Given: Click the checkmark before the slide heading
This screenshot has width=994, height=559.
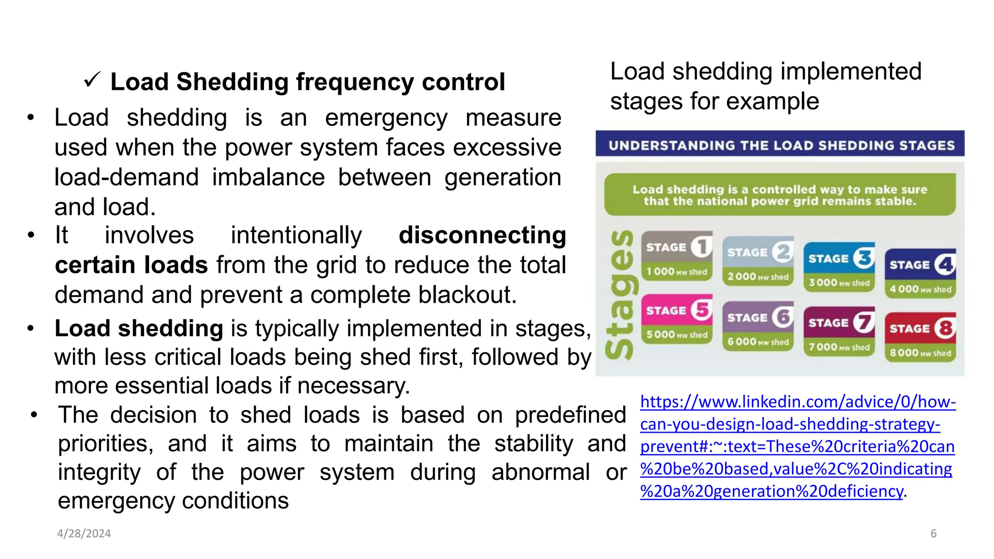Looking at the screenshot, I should pos(91,80).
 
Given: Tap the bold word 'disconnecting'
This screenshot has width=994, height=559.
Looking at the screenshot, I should pos(482,235).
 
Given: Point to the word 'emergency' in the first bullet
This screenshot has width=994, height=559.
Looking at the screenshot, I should pos(386,118).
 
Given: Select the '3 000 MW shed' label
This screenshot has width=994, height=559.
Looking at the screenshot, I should pos(839,283).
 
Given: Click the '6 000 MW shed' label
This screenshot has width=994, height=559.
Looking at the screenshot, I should pos(758,342).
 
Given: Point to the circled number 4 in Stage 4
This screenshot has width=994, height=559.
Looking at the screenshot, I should pos(945,264).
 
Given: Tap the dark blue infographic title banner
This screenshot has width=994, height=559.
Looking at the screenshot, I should pos(780,145).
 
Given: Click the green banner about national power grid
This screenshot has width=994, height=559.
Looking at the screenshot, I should pos(779,195).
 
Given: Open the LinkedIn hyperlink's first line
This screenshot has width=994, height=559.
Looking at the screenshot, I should pos(797,402).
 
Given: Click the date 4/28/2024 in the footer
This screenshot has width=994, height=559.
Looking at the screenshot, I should pos(84,534).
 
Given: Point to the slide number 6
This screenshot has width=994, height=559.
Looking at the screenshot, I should pos(933,534).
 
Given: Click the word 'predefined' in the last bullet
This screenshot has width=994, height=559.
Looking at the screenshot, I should pos(570,415).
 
